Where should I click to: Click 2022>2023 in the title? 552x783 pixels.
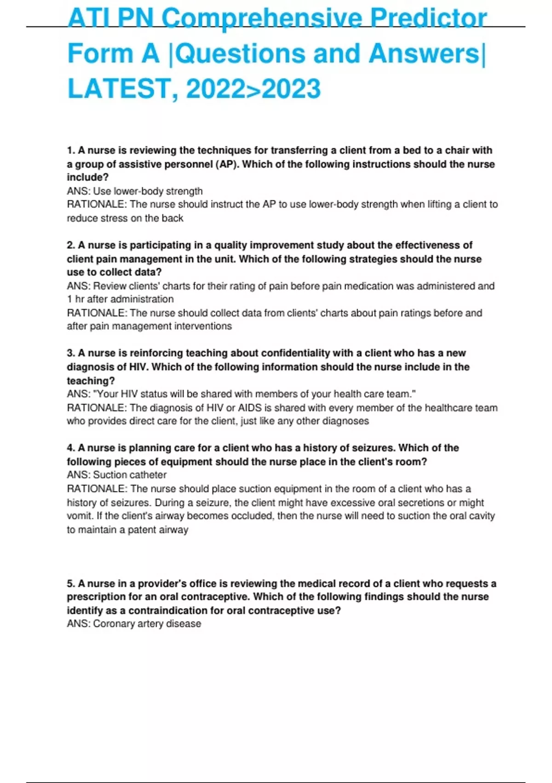253,89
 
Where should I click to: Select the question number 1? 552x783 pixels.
71,151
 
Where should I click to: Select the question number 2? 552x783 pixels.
71,245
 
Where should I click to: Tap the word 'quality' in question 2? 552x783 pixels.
230,245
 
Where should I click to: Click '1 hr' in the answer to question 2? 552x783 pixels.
75,299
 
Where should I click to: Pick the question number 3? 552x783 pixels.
71,353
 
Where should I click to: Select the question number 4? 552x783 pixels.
71,448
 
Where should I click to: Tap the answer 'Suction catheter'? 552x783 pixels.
130,475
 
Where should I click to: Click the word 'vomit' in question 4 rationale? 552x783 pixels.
80,516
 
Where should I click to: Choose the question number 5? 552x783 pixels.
71,584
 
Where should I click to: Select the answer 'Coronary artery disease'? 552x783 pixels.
147,624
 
